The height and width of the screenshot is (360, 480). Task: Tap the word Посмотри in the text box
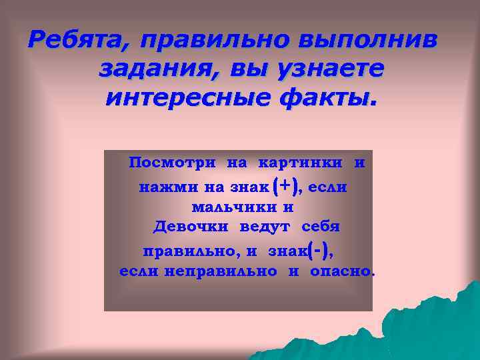172,163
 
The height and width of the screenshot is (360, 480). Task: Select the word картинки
301,163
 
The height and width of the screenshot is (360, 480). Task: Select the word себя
321,227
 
